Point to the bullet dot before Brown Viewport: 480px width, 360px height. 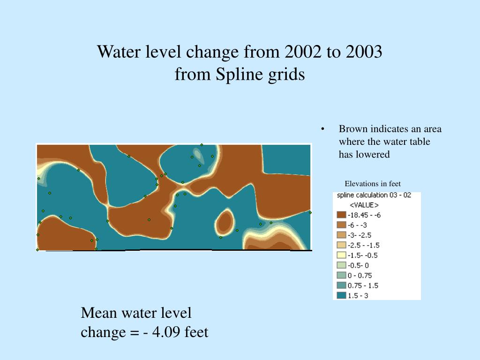tap(323, 129)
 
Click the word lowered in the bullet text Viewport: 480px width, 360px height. tap(374, 155)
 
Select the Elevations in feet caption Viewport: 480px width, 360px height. tap(373, 184)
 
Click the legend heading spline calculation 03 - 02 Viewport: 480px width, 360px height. tap(374, 195)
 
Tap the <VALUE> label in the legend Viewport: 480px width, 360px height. tap(364, 205)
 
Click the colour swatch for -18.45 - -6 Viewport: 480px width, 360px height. tap(341, 215)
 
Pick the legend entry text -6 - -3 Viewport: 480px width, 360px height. tap(357, 225)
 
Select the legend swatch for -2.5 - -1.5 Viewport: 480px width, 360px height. tap(341, 245)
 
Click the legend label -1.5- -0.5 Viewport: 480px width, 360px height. tap(362, 255)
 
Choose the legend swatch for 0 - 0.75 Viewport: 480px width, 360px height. tap(341, 276)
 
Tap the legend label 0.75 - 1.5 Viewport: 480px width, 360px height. tap(362, 285)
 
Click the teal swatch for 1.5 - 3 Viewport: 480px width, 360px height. tap(341, 296)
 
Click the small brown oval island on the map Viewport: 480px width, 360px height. tap(225, 222)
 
